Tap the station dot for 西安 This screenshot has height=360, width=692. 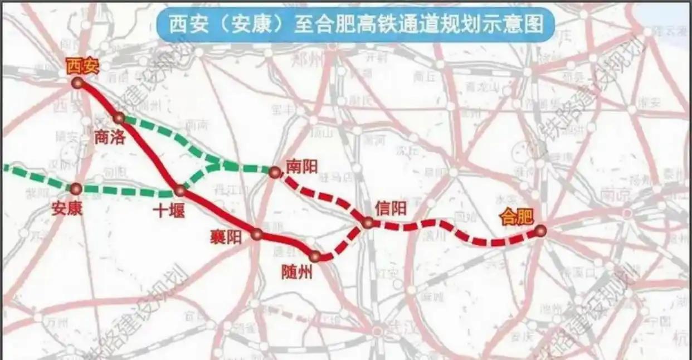tap(77, 83)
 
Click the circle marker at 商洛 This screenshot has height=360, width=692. tap(119, 118)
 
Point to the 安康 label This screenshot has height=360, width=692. tap(67, 208)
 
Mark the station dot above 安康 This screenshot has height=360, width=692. tap(76, 189)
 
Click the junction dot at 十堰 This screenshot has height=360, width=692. tap(179, 191)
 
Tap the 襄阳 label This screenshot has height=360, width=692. tap(226, 237)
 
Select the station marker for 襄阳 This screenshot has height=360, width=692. tap(256, 234)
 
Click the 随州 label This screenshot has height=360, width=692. tap(297, 273)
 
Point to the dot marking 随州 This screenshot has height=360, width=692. tap(315, 256)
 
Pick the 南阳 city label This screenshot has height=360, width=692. tap(301, 166)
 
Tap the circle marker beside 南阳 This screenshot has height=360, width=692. tap(274, 172)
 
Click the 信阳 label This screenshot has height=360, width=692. tap(391, 208)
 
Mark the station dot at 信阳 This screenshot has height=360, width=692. tap(368, 223)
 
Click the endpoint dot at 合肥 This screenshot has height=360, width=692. tap(540, 231)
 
